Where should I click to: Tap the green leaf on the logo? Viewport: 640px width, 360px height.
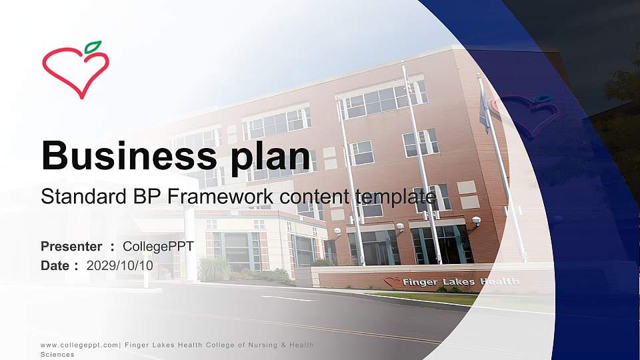(x=93, y=47)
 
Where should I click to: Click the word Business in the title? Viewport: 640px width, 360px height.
(x=123, y=155)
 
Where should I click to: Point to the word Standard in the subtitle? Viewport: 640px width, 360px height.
(x=79, y=197)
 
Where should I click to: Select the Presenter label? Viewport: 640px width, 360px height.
(x=71, y=247)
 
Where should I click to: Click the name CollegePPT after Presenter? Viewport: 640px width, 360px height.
(x=159, y=247)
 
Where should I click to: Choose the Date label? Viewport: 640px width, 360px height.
(x=56, y=265)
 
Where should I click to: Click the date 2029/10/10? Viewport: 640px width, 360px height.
(x=120, y=265)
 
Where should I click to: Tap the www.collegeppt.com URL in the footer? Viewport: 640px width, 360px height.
(x=79, y=345)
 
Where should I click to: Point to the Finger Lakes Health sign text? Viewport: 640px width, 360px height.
(x=460, y=282)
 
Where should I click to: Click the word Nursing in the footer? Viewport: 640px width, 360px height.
(x=251, y=345)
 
